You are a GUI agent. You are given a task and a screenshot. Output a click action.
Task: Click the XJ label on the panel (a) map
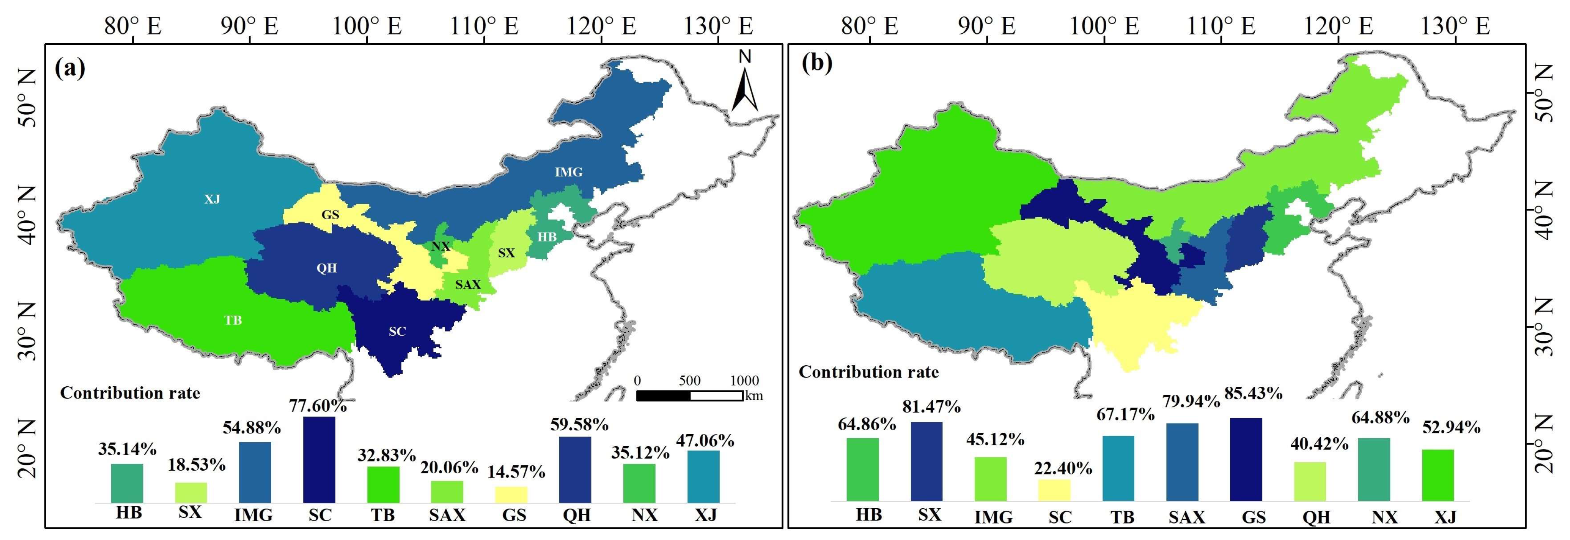212,199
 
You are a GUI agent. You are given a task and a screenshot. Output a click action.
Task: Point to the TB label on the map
233,320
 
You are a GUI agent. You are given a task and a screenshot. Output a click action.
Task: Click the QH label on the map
327,268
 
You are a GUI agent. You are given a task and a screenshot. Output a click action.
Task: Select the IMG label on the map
568,172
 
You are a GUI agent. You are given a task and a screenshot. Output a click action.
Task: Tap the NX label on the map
441,246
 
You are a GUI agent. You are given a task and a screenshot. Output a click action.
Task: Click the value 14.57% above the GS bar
516,472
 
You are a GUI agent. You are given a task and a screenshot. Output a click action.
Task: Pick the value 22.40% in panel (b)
1063,468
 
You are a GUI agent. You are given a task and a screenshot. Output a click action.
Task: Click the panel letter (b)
817,63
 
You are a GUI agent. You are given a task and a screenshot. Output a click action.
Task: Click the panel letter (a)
70,67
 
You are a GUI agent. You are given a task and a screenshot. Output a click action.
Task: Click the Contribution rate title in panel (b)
868,372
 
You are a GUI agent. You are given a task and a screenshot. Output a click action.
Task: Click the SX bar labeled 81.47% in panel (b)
926,461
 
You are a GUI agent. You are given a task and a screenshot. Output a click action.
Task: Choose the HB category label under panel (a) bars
128,513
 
